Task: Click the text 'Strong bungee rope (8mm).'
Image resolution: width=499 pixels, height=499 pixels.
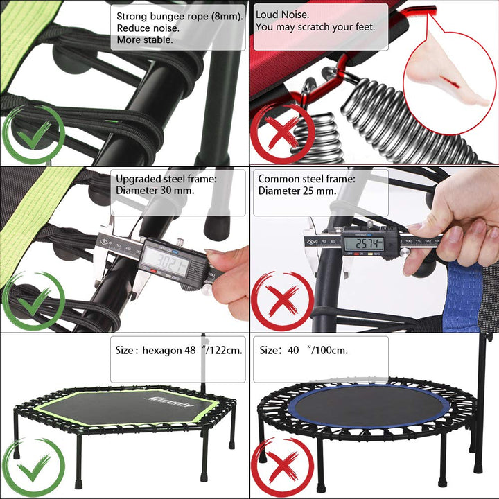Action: (x=180, y=16)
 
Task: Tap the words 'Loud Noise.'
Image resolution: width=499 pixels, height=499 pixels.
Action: (x=283, y=15)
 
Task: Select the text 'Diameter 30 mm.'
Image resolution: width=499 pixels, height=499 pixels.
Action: (x=155, y=190)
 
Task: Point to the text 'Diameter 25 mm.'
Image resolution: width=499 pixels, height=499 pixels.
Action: (x=297, y=191)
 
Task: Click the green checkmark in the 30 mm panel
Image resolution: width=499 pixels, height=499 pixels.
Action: (x=33, y=301)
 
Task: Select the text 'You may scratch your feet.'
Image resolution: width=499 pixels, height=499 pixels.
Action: (x=315, y=28)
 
